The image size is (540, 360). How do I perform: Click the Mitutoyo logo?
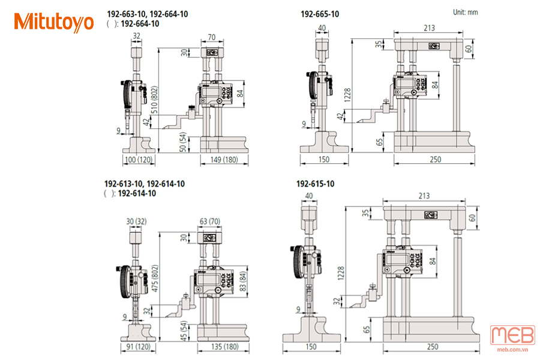click(54, 22)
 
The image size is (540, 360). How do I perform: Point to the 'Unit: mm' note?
click(466, 12)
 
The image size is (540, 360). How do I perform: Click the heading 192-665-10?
click(319, 13)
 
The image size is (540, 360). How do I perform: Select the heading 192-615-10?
click(315, 184)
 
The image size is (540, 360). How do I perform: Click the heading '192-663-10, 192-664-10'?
click(147, 13)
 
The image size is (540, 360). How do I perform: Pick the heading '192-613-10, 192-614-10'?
click(145, 184)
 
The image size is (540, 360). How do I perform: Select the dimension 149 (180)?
click(223, 160)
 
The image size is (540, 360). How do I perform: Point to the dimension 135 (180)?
click(223, 346)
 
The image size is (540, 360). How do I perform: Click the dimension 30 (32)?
click(135, 221)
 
